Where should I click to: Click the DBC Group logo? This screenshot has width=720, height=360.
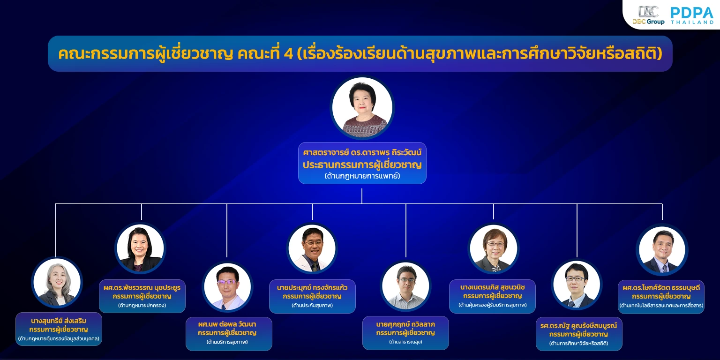(648, 15)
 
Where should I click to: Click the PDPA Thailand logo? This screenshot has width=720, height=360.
(692, 15)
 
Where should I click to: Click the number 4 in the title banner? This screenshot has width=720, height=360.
(288, 54)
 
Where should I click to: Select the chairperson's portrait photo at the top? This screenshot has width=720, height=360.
(362, 107)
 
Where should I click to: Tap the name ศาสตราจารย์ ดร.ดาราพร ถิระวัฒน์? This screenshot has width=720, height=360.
(362, 152)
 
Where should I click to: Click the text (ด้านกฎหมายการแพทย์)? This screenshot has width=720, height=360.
(362, 176)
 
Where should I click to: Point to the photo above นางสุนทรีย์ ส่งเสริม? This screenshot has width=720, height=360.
(57, 282)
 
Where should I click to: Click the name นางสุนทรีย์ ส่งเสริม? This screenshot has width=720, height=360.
(59, 321)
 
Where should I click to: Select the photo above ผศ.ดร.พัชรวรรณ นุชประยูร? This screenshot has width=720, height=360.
(140, 248)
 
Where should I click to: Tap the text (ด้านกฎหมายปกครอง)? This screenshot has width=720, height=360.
(142, 305)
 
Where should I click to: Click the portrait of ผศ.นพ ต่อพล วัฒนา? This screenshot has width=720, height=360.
(227, 287)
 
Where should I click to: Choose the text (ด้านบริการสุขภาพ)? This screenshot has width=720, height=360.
(227, 342)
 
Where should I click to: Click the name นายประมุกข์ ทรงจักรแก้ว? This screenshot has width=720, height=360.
(312, 288)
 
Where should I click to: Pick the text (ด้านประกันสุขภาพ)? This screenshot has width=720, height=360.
(312, 305)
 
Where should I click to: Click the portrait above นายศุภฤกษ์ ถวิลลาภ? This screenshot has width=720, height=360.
(405, 286)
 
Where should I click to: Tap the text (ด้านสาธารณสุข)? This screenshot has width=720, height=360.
(405, 342)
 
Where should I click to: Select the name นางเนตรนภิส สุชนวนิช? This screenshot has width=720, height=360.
(493, 287)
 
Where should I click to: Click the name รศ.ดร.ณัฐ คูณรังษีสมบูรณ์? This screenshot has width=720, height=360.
(579, 326)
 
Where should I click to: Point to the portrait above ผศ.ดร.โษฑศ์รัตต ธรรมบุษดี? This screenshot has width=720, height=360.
(662, 250)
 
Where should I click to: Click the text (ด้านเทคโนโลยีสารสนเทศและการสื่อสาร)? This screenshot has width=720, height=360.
(661, 305)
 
